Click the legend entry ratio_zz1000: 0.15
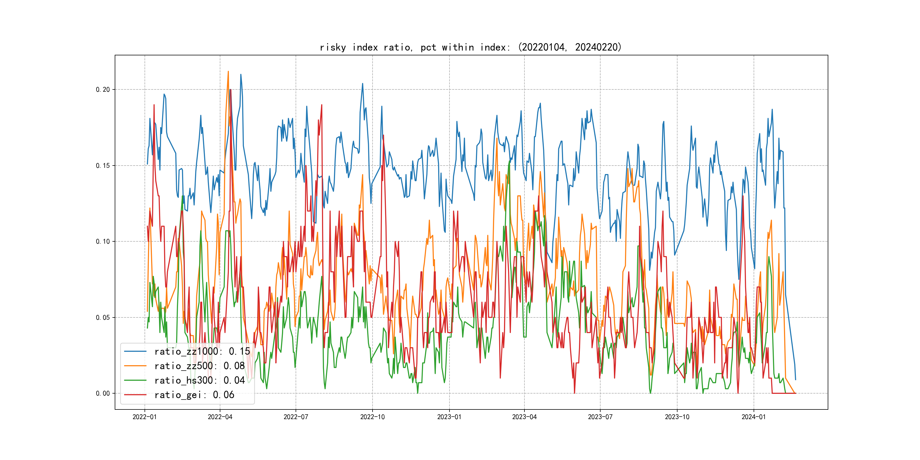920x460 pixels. pyautogui.click(x=202, y=352)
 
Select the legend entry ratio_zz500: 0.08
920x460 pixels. pyautogui.click(x=199, y=366)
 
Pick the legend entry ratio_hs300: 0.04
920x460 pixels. pyautogui.click(x=199, y=380)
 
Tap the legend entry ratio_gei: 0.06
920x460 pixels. pyautogui.click(x=194, y=395)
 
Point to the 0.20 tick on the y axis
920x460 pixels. pyautogui.click(x=103, y=90)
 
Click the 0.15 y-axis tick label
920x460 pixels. pyautogui.click(x=103, y=166)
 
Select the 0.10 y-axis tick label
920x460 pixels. pyautogui.click(x=103, y=241)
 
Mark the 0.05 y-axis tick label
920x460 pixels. pyautogui.click(x=103, y=317)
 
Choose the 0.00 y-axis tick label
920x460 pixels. pyautogui.click(x=103, y=394)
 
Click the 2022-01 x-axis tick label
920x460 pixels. pyautogui.click(x=145, y=417)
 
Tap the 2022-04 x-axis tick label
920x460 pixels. pyautogui.click(x=220, y=417)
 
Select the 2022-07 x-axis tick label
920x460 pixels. pyautogui.click(x=296, y=417)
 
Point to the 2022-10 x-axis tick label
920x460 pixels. pyautogui.click(x=373, y=417)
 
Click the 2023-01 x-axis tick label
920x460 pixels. pyautogui.click(x=449, y=417)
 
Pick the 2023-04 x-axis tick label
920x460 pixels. pyautogui.click(x=524, y=417)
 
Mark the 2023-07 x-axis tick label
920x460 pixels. pyautogui.click(x=600, y=417)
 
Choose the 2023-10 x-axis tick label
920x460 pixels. pyautogui.click(x=677, y=417)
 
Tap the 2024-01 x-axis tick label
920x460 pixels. pyautogui.click(x=754, y=417)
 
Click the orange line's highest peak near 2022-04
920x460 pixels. pyautogui.click(x=228, y=72)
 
